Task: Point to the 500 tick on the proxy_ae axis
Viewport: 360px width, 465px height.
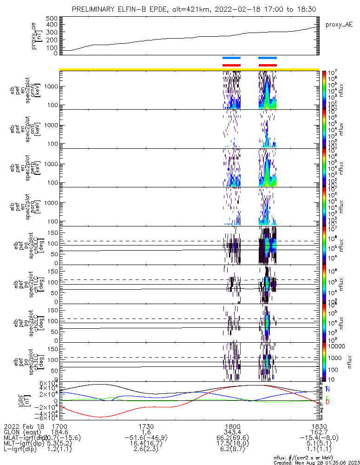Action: tap(52, 18)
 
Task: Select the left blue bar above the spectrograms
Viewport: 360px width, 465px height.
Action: tap(231, 58)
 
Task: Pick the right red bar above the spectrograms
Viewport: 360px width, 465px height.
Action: tap(267, 66)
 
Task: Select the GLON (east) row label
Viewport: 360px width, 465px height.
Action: tap(23, 432)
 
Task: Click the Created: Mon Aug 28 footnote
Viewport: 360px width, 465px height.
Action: tap(316, 462)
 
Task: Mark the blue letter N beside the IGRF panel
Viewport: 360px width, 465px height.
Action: tap(328, 389)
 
